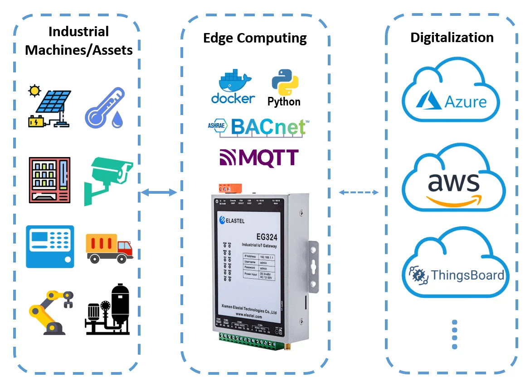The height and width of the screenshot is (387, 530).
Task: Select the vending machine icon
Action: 50,180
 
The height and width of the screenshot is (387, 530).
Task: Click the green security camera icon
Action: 108,180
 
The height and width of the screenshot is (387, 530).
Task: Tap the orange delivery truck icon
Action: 109,248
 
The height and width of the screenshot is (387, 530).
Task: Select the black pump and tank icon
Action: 107,310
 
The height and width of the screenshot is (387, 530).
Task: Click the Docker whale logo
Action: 233,86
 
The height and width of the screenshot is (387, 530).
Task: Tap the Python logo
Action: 284,88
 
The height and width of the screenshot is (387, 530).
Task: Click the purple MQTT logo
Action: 259,158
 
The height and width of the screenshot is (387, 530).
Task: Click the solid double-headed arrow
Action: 159,193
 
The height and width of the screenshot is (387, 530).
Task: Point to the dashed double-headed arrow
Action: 359,192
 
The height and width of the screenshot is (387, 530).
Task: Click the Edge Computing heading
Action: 255,38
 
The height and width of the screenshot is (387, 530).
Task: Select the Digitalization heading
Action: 452,37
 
